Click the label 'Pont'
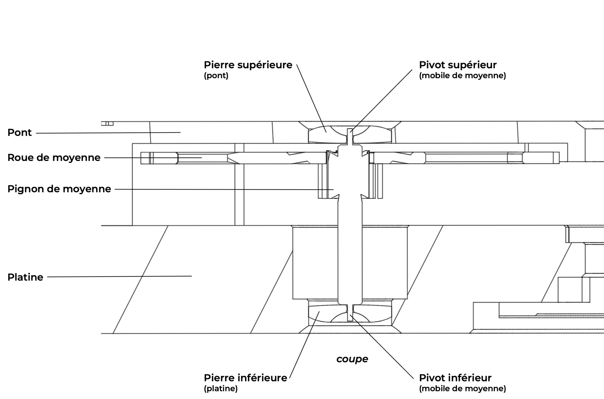click(20, 132)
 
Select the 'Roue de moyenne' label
click(54, 158)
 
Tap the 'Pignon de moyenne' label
click(59, 189)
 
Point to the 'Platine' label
click(25, 277)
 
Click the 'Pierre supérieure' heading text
click(248, 65)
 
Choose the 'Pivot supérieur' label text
click(458, 65)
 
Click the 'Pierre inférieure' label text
click(245, 378)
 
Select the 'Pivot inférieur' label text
click(455, 378)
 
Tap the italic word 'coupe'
click(352, 359)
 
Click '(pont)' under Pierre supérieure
click(216, 75)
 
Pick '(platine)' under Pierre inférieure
click(221, 388)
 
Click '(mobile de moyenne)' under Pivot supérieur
click(462, 75)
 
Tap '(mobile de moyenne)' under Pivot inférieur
click(462, 388)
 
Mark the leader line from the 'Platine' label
click(120, 277)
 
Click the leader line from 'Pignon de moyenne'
click(224, 189)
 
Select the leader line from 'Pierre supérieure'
click(311, 98)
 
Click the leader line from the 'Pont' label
click(108, 133)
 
